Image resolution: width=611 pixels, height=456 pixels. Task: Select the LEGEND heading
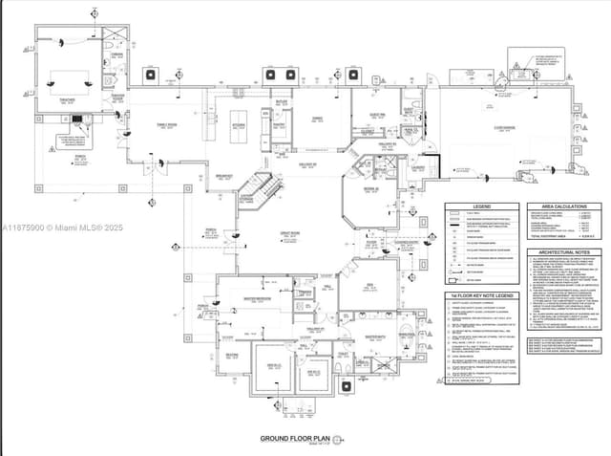coord(482,206)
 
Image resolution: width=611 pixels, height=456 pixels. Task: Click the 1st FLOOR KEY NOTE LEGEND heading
coord(482,297)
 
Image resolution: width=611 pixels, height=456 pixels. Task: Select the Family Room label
coord(168,124)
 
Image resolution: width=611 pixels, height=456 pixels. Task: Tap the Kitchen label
coord(238,124)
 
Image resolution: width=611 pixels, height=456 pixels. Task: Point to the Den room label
coord(369,283)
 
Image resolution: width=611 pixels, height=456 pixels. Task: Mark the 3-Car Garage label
coord(504,126)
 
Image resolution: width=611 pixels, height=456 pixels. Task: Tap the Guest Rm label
coord(377,115)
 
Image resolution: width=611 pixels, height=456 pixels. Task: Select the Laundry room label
coord(418,167)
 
